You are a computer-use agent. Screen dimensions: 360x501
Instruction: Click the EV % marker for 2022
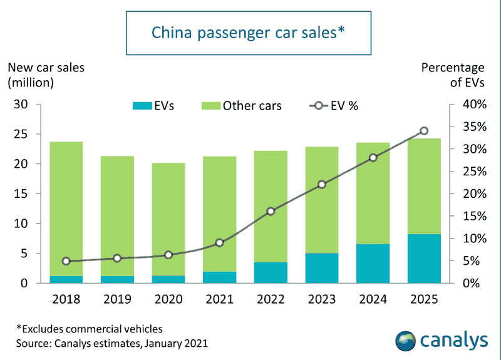click(x=271, y=212)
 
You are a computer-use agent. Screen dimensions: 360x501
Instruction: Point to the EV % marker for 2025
click(x=424, y=131)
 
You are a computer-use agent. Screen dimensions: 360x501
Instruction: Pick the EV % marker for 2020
click(x=168, y=255)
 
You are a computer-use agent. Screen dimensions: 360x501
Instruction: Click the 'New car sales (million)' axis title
click(x=46, y=74)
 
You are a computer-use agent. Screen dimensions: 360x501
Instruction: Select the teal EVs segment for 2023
click(x=321, y=268)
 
